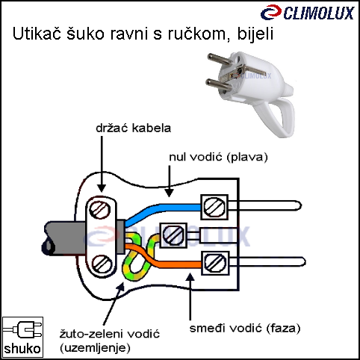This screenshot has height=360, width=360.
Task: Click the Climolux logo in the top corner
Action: (308, 13)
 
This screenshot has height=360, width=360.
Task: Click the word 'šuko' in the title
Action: (85, 34)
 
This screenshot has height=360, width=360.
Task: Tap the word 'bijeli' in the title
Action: (255, 34)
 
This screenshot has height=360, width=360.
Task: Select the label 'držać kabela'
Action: (134, 128)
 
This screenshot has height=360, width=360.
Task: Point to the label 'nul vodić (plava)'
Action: (218, 158)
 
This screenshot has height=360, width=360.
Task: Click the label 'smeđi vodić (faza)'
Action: (245, 329)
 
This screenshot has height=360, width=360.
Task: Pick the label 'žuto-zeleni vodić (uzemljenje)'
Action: (110, 341)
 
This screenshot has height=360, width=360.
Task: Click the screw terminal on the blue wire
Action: (214, 207)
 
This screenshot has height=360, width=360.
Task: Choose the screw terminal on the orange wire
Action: (215, 263)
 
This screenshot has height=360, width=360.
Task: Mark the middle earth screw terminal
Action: (173, 235)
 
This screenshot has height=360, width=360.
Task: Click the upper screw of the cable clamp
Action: (100, 210)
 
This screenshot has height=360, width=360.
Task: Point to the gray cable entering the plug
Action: (66, 238)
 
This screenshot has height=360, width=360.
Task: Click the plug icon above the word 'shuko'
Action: (23, 329)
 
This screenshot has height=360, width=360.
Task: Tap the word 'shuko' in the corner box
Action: (22, 348)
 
